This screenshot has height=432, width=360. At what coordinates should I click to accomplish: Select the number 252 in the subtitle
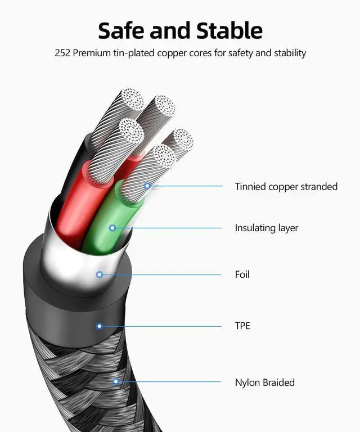(62, 53)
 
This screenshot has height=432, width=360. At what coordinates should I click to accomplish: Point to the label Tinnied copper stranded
(286, 187)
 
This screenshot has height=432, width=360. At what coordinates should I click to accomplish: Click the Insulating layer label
(266, 228)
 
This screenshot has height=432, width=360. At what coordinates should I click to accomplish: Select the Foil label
(242, 274)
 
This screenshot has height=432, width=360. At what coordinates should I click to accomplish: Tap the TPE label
(242, 326)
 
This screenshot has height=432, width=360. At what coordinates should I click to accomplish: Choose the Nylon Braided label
(264, 382)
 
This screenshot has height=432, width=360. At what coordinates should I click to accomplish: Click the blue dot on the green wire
(112, 228)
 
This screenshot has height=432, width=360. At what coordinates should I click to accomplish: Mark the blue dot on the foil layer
(100, 274)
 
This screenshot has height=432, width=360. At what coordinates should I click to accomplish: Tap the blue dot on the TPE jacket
(100, 326)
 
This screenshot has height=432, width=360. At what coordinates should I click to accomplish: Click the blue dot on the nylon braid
(116, 382)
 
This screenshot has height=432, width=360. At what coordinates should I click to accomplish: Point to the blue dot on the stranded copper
(147, 186)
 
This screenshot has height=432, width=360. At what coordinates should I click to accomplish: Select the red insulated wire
(73, 208)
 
